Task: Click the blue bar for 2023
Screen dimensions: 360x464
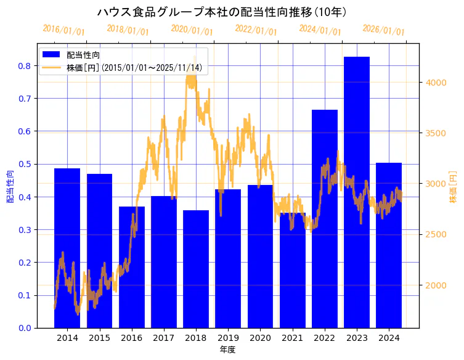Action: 356,192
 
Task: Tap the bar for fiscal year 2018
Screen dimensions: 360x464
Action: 196,269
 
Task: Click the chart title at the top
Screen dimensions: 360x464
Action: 222,12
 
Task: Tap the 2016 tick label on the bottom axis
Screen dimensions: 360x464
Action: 131,338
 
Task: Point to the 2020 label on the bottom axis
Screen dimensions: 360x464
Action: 260,338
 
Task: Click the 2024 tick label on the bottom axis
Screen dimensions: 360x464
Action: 388,338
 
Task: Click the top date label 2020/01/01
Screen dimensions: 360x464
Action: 192,30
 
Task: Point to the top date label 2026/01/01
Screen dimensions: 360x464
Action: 383,30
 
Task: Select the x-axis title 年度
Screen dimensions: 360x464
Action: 227,350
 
